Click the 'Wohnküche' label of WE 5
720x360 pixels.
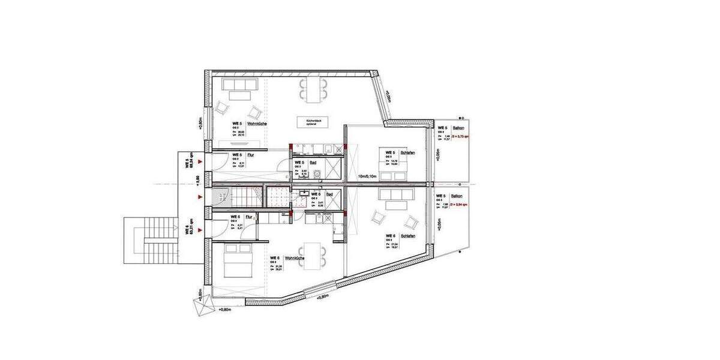260,124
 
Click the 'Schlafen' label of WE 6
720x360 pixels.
410,236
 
